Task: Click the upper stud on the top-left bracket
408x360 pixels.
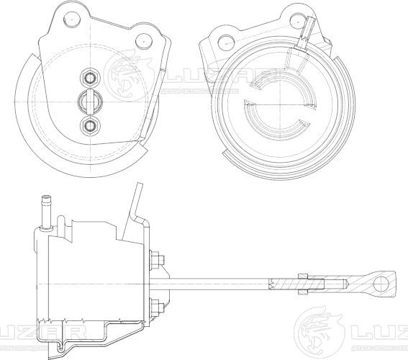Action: (x=89, y=77)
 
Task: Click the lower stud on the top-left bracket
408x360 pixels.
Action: (x=89, y=126)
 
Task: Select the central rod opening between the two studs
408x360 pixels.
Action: (x=89, y=101)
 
